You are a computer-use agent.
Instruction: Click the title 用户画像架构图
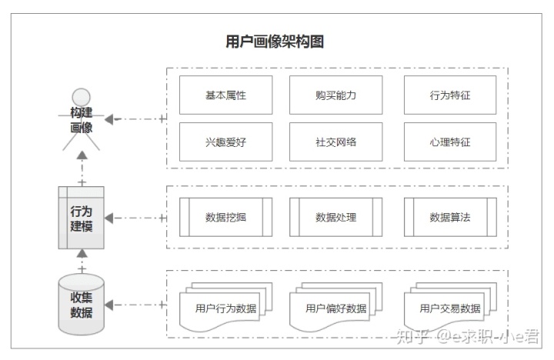click(x=274, y=42)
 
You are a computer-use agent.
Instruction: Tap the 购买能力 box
click(x=335, y=96)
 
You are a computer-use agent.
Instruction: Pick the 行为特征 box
click(x=449, y=96)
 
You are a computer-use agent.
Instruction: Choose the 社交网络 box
click(x=335, y=142)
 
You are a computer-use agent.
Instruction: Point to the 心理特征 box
click(x=449, y=142)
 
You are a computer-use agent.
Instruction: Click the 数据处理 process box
click(x=335, y=217)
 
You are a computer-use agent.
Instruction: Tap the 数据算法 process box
click(x=449, y=217)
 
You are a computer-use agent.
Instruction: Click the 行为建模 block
click(x=82, y=218)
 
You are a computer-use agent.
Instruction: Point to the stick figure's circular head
click(x=81, y=98)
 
